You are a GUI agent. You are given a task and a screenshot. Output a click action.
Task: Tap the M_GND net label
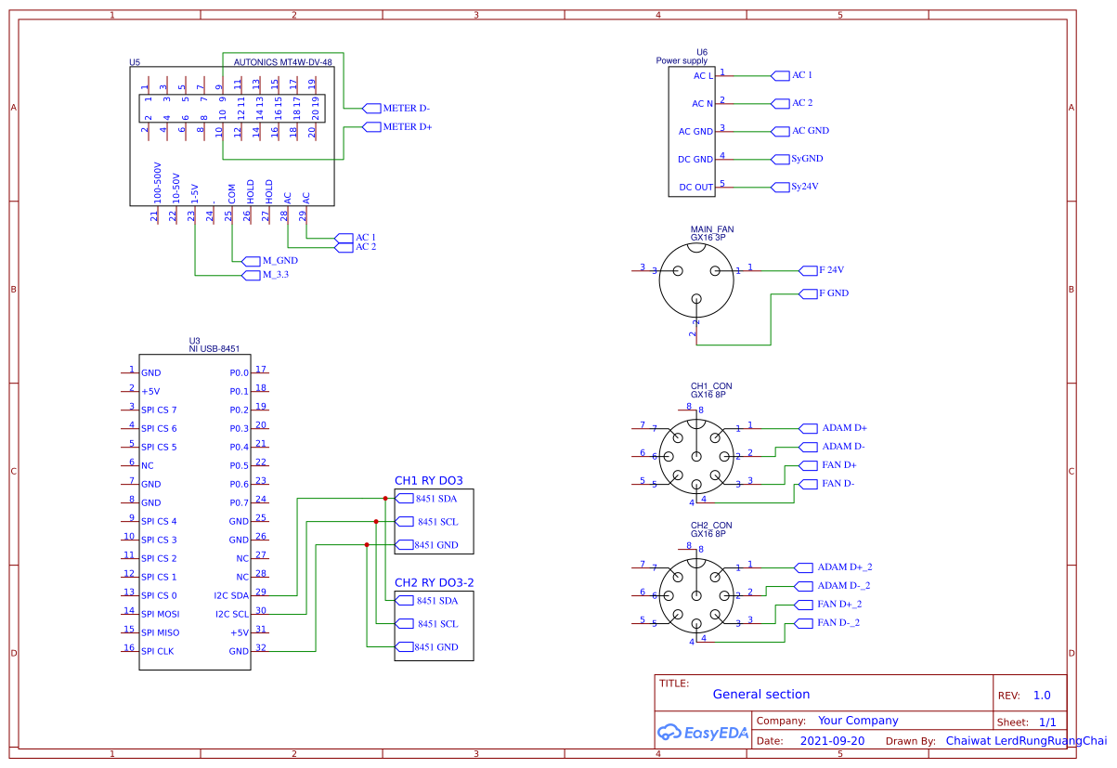pos(279,261)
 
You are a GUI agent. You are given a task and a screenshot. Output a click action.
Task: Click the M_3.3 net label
pos(276,275)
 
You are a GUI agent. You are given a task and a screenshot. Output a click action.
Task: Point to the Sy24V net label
pos(806,187)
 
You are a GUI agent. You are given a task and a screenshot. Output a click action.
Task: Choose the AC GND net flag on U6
pos(810,131)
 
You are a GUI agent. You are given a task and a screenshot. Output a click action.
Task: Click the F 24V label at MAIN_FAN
pos(830,270)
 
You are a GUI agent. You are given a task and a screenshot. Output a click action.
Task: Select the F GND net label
pos(832,293)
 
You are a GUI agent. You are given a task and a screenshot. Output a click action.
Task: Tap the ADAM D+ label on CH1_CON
pos(844,428)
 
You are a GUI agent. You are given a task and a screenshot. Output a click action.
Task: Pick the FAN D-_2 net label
pos(838,622)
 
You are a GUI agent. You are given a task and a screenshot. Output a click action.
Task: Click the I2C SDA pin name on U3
pos(231,595)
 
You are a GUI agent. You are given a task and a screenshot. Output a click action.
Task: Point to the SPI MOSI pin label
pos(160,614)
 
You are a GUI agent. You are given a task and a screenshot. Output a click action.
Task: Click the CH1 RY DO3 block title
pos(428,480)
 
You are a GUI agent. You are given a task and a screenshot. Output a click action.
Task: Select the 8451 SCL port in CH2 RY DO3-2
pos(437,624)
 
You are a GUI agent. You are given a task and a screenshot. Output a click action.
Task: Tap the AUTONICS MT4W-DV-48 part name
pos(282,63)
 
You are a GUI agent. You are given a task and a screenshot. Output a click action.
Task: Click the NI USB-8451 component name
pos(214,349)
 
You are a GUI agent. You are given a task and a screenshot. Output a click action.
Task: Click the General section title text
pos(760,694)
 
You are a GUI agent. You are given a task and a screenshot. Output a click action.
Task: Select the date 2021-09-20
pos(832,741)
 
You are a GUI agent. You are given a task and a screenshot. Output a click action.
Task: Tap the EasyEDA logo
pos(702,732)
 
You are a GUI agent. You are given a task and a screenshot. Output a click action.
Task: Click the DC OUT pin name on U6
pos(695,187)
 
